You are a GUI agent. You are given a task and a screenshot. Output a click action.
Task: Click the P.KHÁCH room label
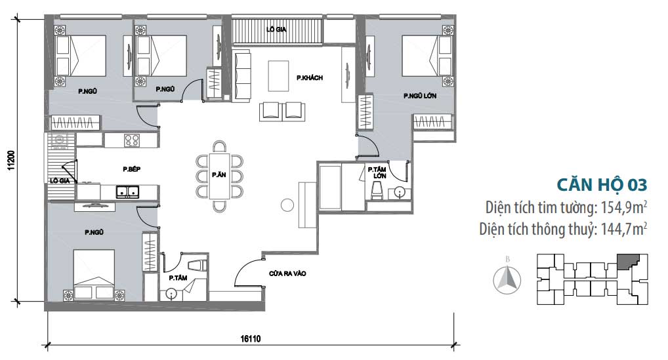[x=309, y=78]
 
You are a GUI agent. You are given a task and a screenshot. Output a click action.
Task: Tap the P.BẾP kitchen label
[x=131, y=169]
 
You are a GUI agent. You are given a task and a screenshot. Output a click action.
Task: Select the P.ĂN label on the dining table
[x=219, y=174]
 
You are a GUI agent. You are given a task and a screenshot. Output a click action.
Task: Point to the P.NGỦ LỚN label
[x=419, y=96]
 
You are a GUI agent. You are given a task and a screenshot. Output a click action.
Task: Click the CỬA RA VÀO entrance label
[x=287, y=273]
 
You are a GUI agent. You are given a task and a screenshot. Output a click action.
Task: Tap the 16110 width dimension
[x=250, y=339]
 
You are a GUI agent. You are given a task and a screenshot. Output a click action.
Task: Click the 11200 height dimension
[x=12, y=161]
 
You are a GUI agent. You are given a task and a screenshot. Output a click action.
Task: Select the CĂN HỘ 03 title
[x=602, y=185]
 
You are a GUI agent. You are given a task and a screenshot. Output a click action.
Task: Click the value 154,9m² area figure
[x=623, y=208]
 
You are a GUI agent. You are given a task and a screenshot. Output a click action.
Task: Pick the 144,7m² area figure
[x=623, y=229]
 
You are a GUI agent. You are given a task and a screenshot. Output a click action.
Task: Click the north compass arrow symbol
[x=507, y=279]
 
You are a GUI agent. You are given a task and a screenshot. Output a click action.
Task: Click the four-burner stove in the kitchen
[x=132, y=140]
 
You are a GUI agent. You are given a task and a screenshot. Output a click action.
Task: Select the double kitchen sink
[x=128, y=191]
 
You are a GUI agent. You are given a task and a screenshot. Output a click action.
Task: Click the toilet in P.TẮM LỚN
[x=377, y=190]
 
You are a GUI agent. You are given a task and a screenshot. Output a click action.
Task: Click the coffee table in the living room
[x=279, y=76]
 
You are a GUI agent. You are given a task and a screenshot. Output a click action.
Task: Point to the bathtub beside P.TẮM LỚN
[x=330, y=188]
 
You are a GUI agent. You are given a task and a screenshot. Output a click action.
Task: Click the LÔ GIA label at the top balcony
[x=276, y=30]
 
